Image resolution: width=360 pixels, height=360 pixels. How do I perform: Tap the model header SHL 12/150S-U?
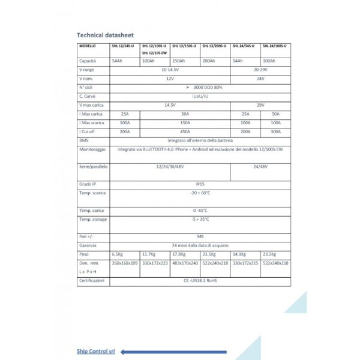(185, 46)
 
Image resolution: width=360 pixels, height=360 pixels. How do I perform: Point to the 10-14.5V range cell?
(170, 70)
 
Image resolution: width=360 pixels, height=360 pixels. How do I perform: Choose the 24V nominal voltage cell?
(260, 79)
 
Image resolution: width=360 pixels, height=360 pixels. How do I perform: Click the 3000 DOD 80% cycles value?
(200, 88)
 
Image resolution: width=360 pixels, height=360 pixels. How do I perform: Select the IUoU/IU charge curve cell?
(200, 96)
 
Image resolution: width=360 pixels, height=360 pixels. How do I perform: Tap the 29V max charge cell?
(260, 105)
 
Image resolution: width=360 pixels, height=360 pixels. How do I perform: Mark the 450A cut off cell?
(185, 131)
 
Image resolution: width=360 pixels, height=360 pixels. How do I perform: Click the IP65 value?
(200, 184)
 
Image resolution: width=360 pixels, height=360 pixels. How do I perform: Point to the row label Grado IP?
(88, 184)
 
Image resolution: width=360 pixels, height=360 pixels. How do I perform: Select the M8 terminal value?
(200, 237)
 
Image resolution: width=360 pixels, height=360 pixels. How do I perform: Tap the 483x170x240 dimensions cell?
(185, 263)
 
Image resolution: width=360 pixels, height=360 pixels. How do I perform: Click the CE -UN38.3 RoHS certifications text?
(200, 280)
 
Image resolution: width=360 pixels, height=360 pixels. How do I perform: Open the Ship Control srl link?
(95, 351)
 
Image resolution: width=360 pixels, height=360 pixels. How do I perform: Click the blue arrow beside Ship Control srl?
(174, 352)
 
